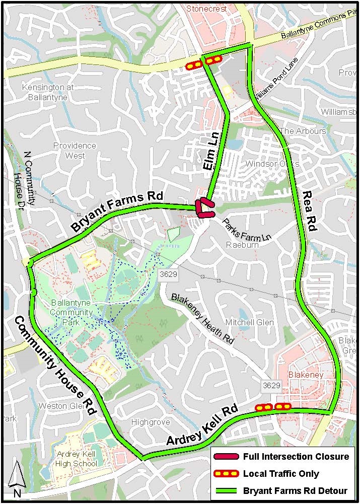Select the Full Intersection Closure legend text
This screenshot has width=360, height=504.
(296, 457)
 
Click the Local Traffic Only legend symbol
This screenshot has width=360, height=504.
(226, 474)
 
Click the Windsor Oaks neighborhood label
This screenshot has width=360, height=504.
(272, 164)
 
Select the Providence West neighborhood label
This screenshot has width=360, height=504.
(75, 151)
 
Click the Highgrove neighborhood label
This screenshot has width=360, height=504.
(150, 422)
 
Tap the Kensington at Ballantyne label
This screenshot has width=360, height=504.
(48, 92)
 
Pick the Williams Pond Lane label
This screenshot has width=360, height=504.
(275, 78)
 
